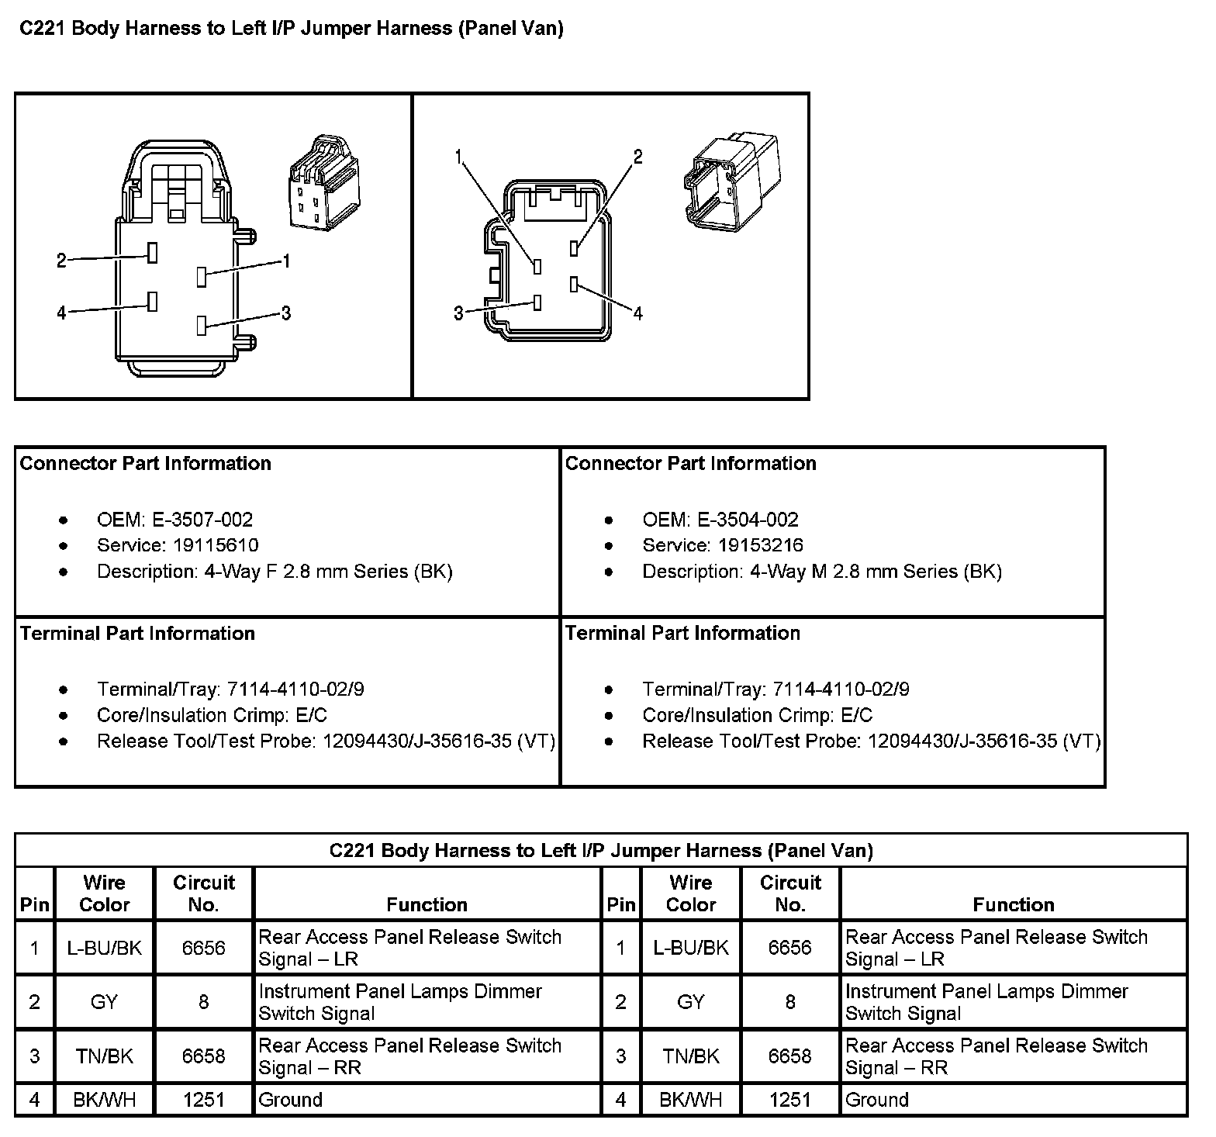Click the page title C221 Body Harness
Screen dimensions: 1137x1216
[x=291, y=29]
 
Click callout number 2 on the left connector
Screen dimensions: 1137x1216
[x=62, y=261]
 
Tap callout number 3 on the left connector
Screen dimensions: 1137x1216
[x=286, y=313]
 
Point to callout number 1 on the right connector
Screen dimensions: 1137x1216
[x=459, y=157]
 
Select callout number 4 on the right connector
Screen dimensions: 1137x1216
[x=637, y=313]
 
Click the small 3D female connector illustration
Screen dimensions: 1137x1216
[x=320, y=184]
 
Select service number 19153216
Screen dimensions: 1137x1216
[x=760, y=545]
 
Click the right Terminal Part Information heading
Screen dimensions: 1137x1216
[x=682, y=633]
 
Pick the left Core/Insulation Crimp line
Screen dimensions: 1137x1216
[x=212, y=715]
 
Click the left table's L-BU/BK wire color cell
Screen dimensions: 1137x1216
[x=105, y=948]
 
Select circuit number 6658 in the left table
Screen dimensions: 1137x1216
[x=203, y=1056]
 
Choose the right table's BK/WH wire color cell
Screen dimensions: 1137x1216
[x=690, y=1100]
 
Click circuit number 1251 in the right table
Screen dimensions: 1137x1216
[x=789, y=1100]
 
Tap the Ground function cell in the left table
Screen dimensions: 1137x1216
[x=290, y=1100]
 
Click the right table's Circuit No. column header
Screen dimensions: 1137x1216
[x=789, y=893]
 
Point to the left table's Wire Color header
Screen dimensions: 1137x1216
[x=105, y=893]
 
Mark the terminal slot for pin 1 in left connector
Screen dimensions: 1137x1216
[x=202, y=276]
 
